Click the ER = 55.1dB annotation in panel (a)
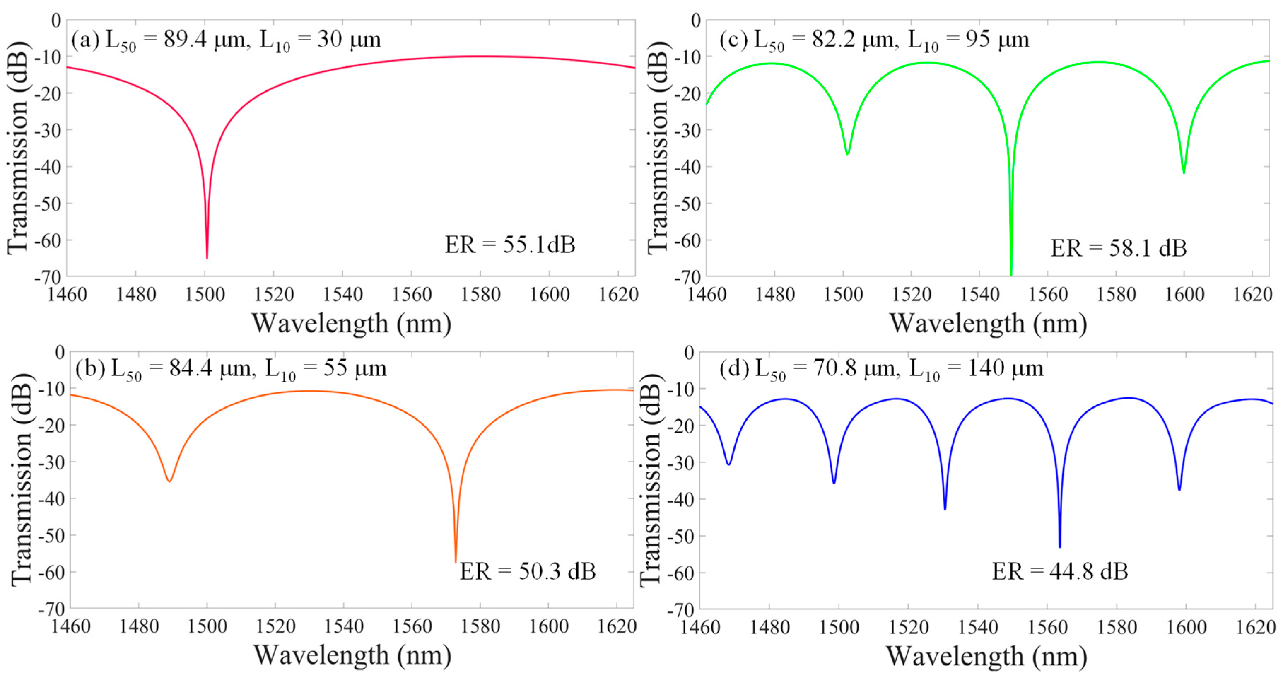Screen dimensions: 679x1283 pos(510,245)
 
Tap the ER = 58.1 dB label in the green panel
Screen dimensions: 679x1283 pos(1118,247)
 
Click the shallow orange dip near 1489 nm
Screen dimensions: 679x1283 pos(169,481)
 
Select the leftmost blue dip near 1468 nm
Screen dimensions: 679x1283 pos(729,464)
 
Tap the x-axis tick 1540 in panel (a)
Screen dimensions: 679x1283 pos(343,294)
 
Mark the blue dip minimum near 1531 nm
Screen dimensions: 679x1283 pos(945,508)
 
